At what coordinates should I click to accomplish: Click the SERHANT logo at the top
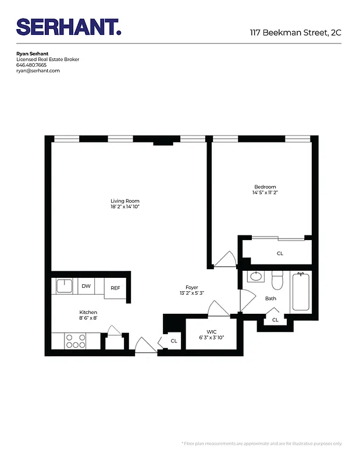point(69,27)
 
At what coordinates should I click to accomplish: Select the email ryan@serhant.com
point(38,71)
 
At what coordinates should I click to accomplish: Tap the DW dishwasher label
point(86,286)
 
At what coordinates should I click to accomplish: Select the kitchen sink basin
point(64,286)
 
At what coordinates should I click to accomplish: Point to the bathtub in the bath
point(301,292)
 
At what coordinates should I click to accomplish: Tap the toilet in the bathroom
point(277,280)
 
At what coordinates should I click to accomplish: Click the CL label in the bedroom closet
point(280,253)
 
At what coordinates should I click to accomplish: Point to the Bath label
point(270,299)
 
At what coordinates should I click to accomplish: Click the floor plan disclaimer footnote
point(262,443)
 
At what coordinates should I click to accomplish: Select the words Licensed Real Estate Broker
point(48,59)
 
